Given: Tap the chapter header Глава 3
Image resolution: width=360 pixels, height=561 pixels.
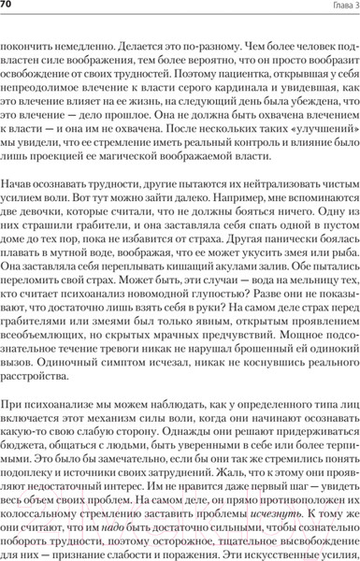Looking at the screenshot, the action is coord(336,7).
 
